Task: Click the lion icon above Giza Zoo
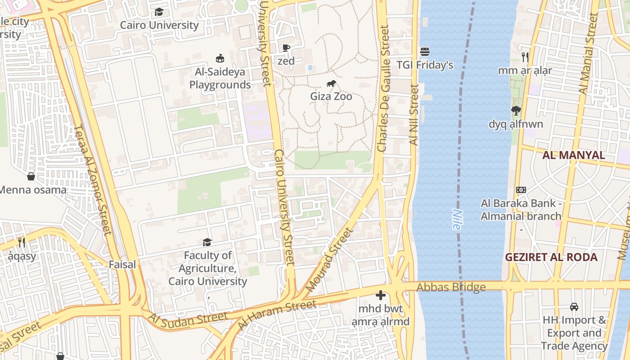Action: point(331,84)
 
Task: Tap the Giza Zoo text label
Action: point(331,96)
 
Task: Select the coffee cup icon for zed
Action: point(286,48)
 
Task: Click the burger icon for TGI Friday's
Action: point(425,52)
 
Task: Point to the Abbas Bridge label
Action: point(451,287)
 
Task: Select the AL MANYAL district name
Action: point(573,155)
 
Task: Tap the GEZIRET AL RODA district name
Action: point(551,257)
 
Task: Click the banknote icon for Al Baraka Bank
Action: point(521,190)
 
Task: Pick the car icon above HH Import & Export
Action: point(574,307)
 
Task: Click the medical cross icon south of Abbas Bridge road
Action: point(381,295)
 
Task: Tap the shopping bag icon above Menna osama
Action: point(31,176)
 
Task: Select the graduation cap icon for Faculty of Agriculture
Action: point(207,242)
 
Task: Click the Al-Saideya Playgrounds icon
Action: point(220,58)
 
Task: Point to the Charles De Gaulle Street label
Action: point(383,88)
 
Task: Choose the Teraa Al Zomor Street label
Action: point(92,180)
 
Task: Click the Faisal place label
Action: point(122,265)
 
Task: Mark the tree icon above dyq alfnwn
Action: point(516,111)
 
